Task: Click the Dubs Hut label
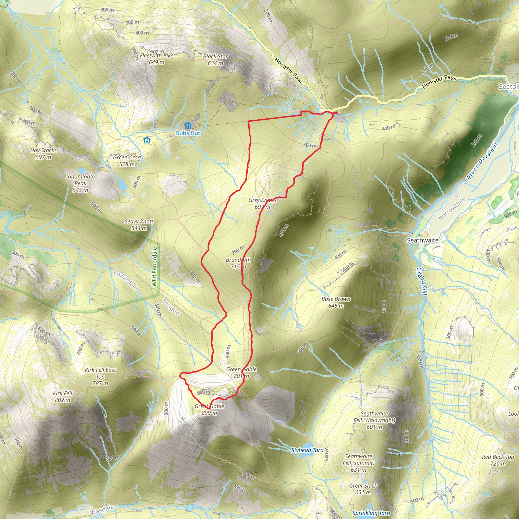pyautogui.click(x=188, y=133)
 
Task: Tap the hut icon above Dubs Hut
pyautogui.click(x=188, y=125)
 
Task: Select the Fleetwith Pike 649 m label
pyautogui.click(x=157, y=59)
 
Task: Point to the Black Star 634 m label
pyautogui.click(x=215, y=60)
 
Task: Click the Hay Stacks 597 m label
pyautogui.click(x=43, y=154)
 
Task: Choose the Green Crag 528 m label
pyautogui.click(x=127, y=161)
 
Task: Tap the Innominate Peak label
pyautogui.click(x=80, y=183)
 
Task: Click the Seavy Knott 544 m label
pyautogui.click(x=139, y=225)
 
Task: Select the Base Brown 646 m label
pyautogui.click(x=336, y=302)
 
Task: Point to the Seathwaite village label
pyautogui.click(x=422, y=240)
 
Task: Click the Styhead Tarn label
pyautogui.click(x=307, y=450)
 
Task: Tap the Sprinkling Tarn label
pyautogui.click(x=371, y=513)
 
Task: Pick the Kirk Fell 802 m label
pyautogui.click(x=63, y=397)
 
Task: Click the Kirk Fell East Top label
pyautogui.click(x=100, y=376)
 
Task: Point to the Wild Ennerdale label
pyautogui.click(x=155, y=267)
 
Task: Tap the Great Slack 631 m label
pyautogui.click(x=363, y=489)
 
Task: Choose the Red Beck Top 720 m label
pyautogui.click(x=498, y=460)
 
